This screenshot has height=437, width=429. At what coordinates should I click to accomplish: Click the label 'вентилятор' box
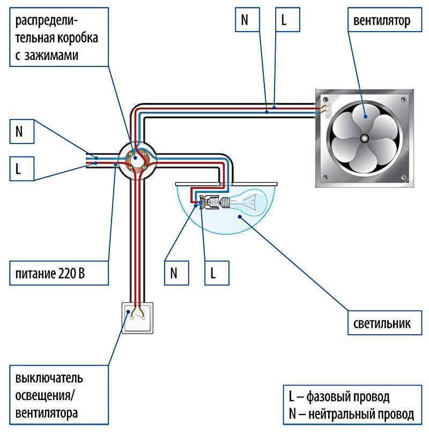coord(382,21)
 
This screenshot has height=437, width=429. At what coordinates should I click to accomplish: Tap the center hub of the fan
coord(365,139)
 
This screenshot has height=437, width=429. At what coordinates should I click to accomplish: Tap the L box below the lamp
coord(215,273)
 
